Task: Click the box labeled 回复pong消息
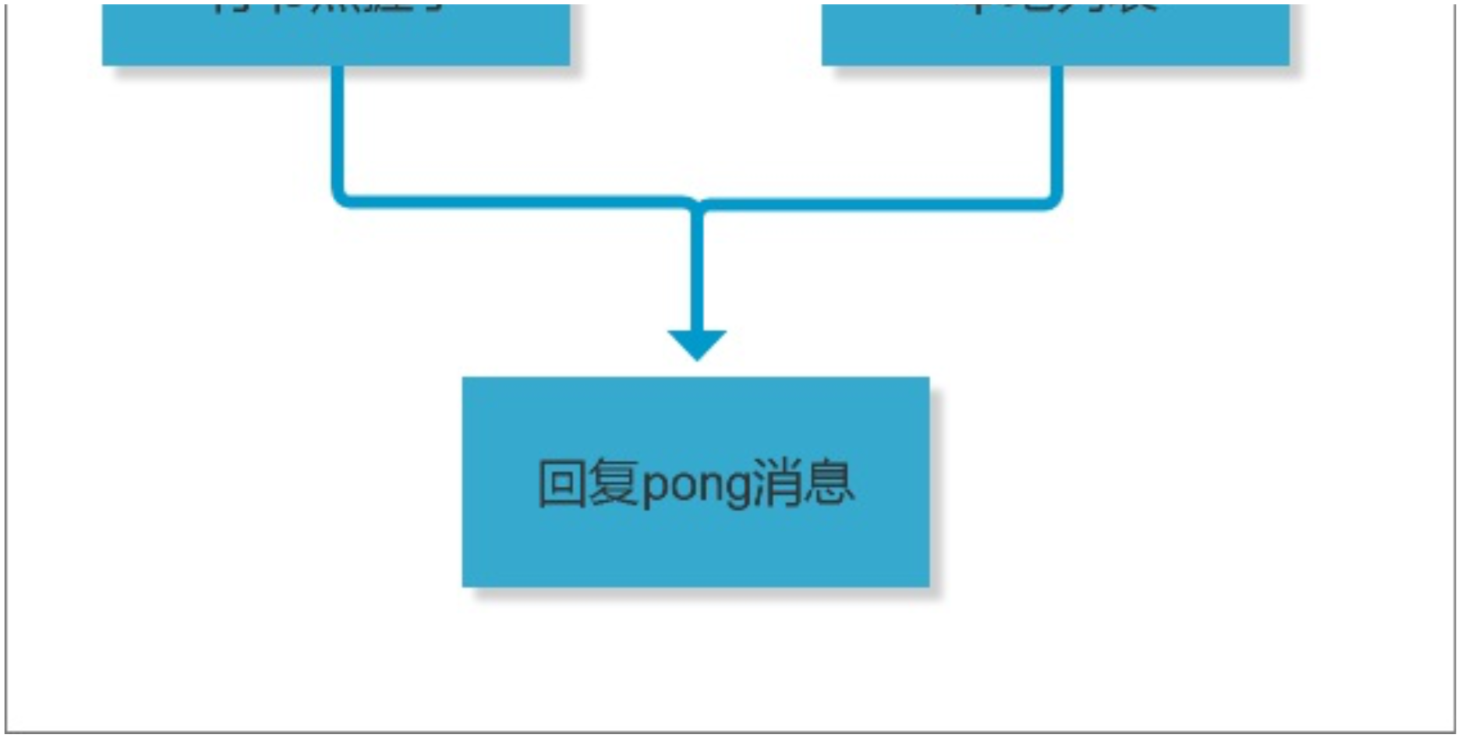click(x=695, y=546)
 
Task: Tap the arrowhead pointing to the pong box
click(x=697, y=343)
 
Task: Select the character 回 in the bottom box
click(x=561, y=484)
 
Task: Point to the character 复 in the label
click(x=613, y=484)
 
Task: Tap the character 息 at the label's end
click(x=830, y=484)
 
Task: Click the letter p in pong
click(x=654, y=488)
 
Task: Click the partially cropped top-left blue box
click(x=336, y=39)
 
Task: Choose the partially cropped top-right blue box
click(x=1056, y=39)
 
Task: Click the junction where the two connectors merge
click(x=697, y=204)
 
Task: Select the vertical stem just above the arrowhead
click(x=697, y=273)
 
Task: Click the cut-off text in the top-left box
click(x=327, y=8)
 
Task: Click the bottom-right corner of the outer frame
click(x=1453, y=731)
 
